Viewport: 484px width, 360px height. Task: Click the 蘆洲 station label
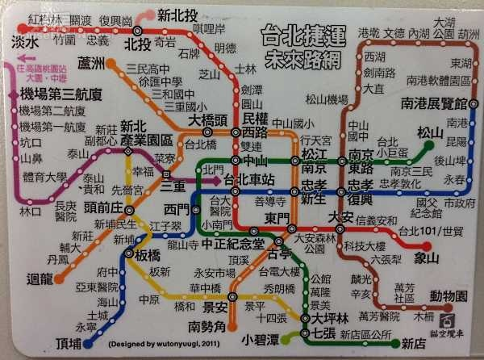point(92,64)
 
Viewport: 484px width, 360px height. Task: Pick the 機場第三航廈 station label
point(47,95)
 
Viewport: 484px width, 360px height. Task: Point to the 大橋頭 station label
point(207,120)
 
